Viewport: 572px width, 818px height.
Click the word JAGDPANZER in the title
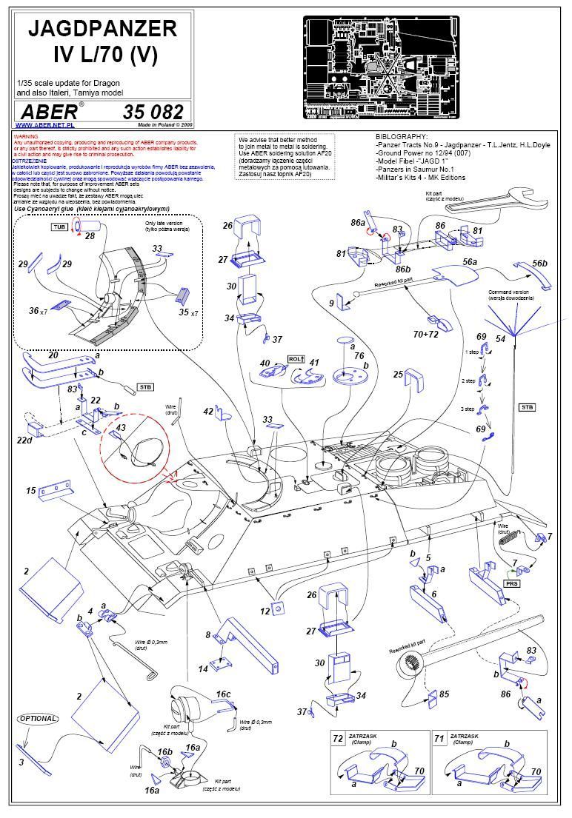point(102,28)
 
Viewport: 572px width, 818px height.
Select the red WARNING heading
point(26,138)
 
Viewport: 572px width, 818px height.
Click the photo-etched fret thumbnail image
point(381,67)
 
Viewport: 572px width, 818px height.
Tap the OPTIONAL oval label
point(37,718)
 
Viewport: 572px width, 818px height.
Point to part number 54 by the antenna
point(501,338)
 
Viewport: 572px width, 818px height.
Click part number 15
point(31,491)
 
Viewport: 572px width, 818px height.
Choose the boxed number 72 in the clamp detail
point(338,739)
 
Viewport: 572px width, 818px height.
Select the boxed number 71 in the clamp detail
point(439,739)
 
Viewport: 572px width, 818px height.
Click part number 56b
point(539,264)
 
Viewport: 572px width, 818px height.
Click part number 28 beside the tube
point(90,236)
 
